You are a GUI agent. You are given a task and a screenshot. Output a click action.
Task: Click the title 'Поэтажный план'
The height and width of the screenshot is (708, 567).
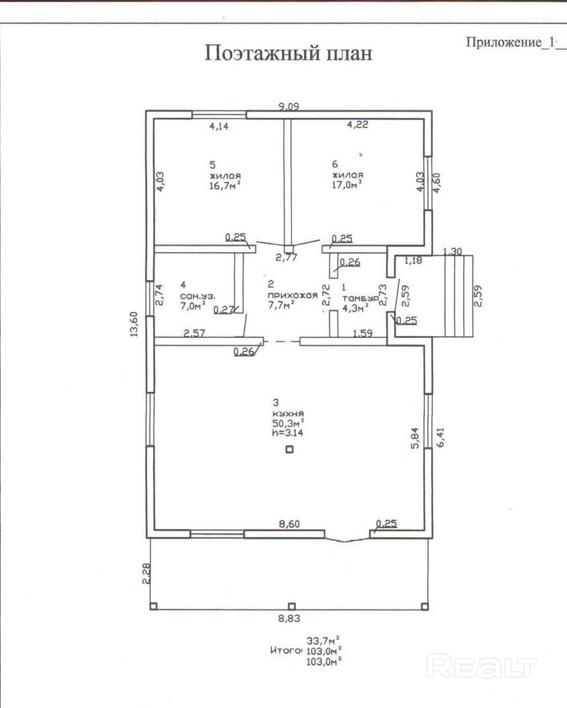[x=288, y=53]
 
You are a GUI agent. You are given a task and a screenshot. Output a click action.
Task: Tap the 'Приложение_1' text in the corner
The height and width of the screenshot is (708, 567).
[x=510, y=43]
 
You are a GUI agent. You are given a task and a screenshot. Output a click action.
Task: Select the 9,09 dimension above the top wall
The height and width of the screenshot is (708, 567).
[x=288, y=107]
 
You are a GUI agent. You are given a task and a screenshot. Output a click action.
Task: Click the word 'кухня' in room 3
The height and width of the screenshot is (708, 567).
[x=288, y=414]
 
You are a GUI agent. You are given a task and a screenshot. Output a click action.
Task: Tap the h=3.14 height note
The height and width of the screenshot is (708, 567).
[x=287, y=433]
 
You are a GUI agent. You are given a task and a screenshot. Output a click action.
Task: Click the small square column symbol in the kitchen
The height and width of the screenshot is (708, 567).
[x=289, y=449]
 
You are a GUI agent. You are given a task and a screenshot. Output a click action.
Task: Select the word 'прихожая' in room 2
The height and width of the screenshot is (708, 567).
[x=293, y=295]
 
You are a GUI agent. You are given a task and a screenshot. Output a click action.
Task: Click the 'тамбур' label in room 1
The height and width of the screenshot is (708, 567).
[x=360, y=298]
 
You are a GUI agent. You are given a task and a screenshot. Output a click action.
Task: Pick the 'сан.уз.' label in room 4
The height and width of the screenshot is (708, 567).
[x=197, y=295]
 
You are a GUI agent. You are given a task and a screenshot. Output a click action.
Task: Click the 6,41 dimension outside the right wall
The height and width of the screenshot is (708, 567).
[x=440, y=437]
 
